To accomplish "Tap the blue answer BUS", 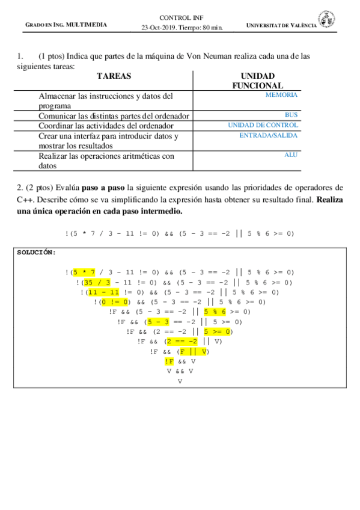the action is point(291,114).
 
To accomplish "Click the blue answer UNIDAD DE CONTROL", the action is point(263,125).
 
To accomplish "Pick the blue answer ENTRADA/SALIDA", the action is point(268,135).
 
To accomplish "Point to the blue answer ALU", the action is point(291,155).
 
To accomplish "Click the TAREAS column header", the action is point(114,76).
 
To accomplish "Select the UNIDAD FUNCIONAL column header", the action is point(257,81).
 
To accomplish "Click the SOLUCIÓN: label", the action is point(36,252).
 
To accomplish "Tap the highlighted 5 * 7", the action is point(84,272).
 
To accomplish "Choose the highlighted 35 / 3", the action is point(96,282).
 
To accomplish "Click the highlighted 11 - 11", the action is point(104,292).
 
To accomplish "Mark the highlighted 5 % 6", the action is point(215,312).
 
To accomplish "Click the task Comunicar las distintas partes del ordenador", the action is point(114,115).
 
